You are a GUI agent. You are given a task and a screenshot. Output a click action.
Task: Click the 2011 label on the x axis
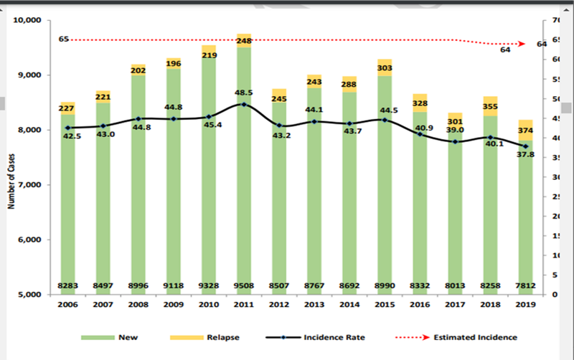point(243,304)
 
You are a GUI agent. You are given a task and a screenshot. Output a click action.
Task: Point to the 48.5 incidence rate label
point(245,93)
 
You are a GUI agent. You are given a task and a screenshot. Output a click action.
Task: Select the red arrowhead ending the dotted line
point(523,44)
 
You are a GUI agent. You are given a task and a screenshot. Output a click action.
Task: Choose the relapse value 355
point(491,107)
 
